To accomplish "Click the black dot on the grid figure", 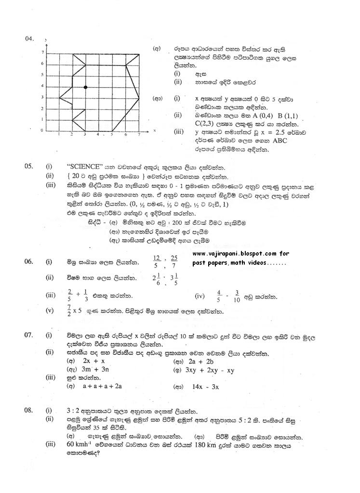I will click(85, 87).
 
